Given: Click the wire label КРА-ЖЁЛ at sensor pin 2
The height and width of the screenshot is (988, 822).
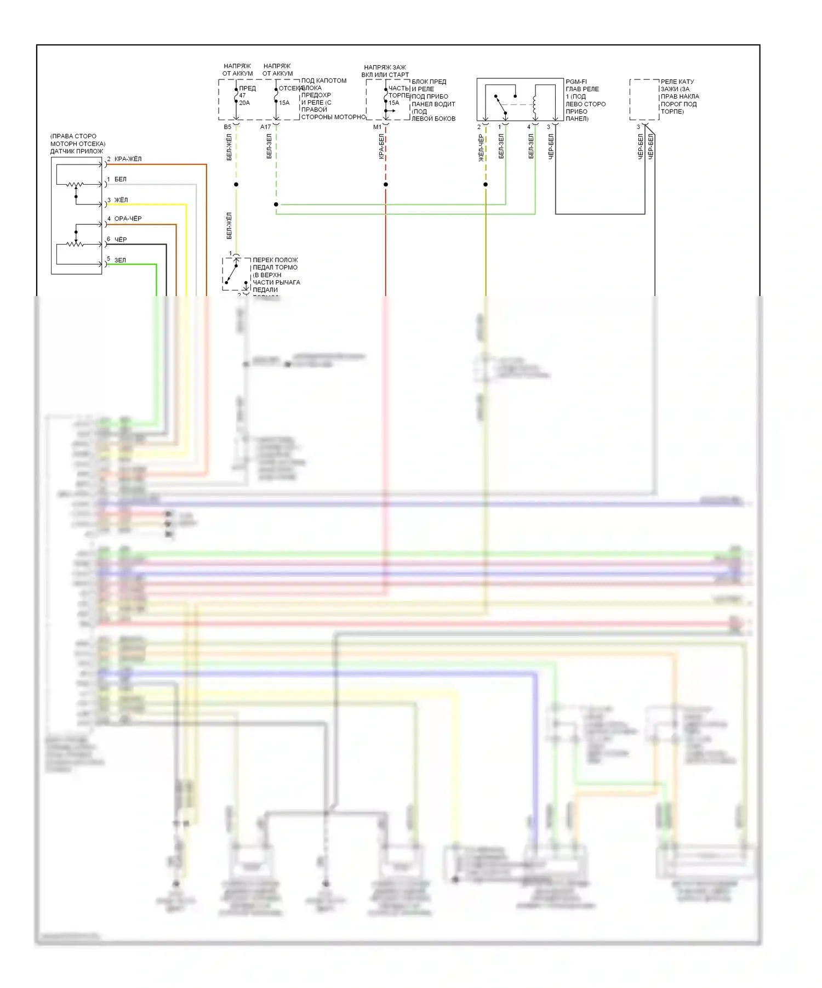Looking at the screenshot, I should click(128, 159).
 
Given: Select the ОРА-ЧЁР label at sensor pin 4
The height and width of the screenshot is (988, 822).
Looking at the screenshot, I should click(128, 219).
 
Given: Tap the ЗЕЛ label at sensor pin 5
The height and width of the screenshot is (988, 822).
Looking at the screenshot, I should click(120, 260).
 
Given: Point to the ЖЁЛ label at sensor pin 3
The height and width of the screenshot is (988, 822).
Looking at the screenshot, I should click(121, 200).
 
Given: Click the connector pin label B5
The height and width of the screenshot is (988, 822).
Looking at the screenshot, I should click(227, 127).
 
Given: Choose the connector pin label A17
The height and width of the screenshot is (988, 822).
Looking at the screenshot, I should click(265, 127).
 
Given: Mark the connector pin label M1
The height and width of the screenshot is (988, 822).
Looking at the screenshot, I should click(377, 127).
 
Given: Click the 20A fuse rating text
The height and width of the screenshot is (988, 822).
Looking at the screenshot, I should click(244, 103).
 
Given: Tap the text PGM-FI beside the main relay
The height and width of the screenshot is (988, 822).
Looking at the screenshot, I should click(576, 82).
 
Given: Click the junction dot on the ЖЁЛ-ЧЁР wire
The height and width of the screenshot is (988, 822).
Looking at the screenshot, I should click(486, 184).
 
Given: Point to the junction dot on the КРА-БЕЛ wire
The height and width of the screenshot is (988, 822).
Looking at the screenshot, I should click(386, 184).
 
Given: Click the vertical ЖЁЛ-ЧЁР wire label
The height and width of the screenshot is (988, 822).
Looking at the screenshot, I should click(481, 148).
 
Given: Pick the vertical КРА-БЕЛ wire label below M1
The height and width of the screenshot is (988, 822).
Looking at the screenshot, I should click(381, 147).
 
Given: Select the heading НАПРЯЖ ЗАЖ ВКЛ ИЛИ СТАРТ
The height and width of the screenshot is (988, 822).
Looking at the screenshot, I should click(385, 71).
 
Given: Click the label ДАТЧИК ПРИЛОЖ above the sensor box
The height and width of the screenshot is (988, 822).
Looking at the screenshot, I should click(76, 151).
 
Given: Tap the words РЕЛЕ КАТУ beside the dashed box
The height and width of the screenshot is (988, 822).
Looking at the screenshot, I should click(677, 82).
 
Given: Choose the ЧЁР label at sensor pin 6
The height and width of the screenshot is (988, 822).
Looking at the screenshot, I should click(121, 240).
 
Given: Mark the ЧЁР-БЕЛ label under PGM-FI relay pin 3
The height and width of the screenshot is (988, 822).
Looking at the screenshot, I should click(551, 146).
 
